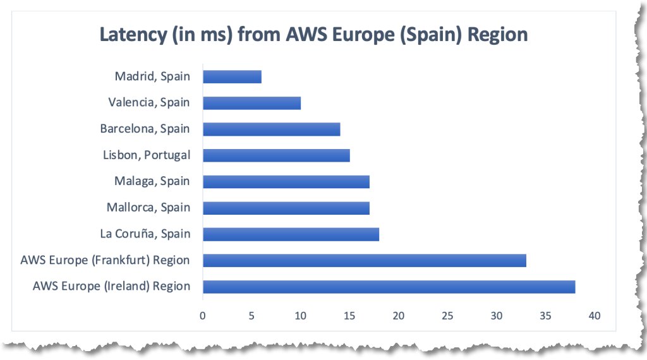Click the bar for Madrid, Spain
232,76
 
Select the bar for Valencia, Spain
251,103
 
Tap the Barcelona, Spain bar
271,129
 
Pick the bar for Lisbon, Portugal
276,155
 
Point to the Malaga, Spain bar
286,182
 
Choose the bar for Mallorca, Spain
286,208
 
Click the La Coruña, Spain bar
291,234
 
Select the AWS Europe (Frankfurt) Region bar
364,260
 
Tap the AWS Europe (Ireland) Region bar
389,287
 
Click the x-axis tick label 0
202,315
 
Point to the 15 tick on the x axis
349,315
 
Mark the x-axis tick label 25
447,315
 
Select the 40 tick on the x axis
594,315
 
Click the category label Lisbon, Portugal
146,155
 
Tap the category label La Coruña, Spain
145,234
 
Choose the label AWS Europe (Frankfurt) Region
105,260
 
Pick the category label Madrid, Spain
152,76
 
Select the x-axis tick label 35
545,315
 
